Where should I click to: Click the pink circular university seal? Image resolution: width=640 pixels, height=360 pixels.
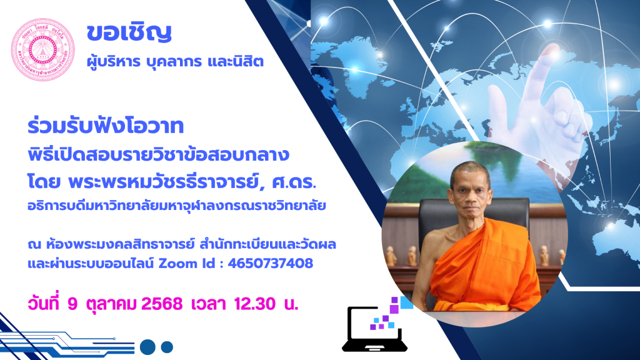[x=43, y=49]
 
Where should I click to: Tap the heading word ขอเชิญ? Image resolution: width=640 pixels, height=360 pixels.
[x=129, y=32]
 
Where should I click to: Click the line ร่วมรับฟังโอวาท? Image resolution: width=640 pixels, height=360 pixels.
[x=105, y=126]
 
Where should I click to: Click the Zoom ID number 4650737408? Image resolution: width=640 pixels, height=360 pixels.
[x=270, y=263]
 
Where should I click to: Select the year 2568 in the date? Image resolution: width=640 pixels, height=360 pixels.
[x=162, y=304]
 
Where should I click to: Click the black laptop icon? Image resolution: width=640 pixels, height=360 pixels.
[x=374, y=329]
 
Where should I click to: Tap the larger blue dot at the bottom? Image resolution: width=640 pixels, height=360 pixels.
[x=147, y=347]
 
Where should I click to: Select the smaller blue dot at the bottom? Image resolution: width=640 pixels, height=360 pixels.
[x=167, y=347]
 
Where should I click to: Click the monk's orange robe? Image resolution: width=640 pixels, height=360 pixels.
[x=486, y=269]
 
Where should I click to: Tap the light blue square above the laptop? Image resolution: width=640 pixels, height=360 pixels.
[x=406, y=302]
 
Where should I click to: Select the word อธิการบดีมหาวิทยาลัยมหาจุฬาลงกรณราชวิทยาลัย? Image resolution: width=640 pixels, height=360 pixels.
[x=177, y=205]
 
